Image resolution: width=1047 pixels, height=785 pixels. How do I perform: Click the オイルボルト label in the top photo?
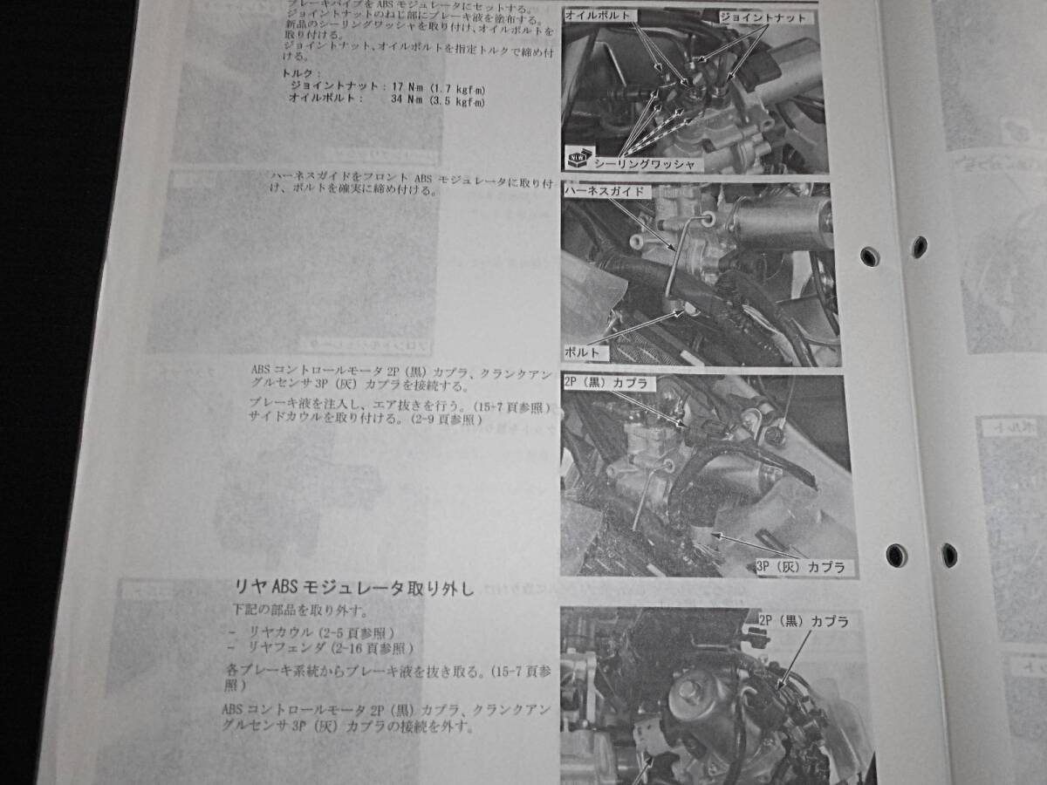(x=601, y=16)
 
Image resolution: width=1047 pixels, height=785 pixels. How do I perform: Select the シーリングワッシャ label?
(x=644, y=163)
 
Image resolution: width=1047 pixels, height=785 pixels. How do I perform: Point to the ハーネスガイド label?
(x=605, y=189)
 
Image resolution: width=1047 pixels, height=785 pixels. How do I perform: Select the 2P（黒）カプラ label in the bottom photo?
(x=803, y=622)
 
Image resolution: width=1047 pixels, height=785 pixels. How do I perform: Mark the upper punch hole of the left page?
(x=869, y=256)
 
